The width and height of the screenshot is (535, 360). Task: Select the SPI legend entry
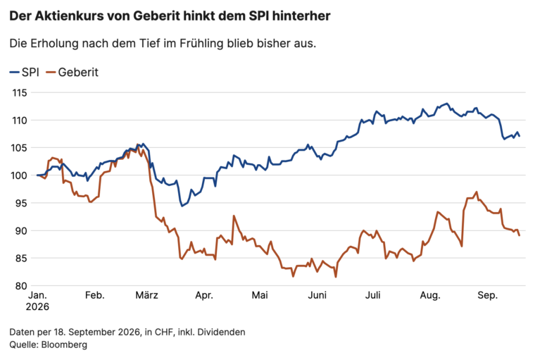(x=25, y=73)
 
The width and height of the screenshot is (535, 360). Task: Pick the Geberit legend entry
(x=73, y=73)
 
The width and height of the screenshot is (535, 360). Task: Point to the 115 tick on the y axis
(x=20, y=93)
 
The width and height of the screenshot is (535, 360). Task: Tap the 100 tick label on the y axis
(x=20, y=175)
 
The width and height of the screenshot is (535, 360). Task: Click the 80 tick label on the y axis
(x=21, y=286)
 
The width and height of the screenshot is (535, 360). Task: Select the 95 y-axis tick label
(x=21, y=203)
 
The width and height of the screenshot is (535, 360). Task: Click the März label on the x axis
(x=146, y=295)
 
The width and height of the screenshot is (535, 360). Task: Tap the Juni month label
(x=317, y=295)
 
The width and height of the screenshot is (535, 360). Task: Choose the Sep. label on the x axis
(x=488, y=295)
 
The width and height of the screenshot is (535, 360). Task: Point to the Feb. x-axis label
(x=94, y=295)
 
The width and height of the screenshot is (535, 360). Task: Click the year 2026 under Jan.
(x=37, y=306)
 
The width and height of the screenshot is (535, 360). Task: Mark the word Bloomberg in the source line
(x=64, y=345)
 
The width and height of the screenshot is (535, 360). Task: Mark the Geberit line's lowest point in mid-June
(x=336, y=277)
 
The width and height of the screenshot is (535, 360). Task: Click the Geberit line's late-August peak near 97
(x=477, y=192)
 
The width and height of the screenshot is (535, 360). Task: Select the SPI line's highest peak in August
(x=447, y=104)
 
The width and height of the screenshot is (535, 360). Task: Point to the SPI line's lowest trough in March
(x=182, y=206)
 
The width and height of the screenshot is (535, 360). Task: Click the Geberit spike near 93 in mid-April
(x=234, y=216)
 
